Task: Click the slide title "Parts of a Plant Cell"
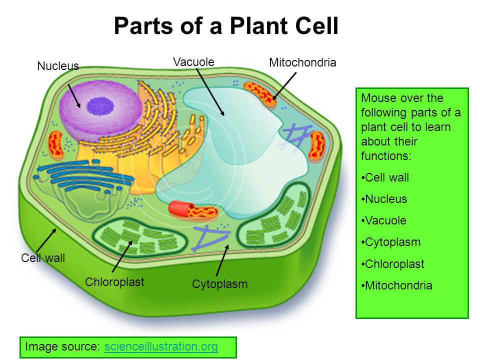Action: point(226,25)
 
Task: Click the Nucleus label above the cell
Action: point(58,66)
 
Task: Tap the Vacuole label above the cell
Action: point(194,62)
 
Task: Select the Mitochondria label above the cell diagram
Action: point(302,62)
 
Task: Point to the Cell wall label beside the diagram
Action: point(43,258)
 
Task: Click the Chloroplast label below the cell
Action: point(114,282)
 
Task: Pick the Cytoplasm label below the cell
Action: point(220,284)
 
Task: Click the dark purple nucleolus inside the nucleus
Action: point(100,106)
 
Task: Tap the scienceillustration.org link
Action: point(161,346)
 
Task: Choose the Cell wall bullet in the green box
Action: point(385,177)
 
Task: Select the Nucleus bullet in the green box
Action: point(384,199)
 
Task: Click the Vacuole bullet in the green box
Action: point(384,220)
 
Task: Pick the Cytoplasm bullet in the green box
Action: point(391,242)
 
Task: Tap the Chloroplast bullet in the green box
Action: point(393,264)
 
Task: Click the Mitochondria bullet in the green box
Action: point(396,285)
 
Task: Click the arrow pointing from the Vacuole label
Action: point(210,92)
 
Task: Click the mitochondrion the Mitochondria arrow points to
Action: point(259,94)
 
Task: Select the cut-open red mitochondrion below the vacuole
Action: point(193,210)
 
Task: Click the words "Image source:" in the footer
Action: point(62,346)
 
